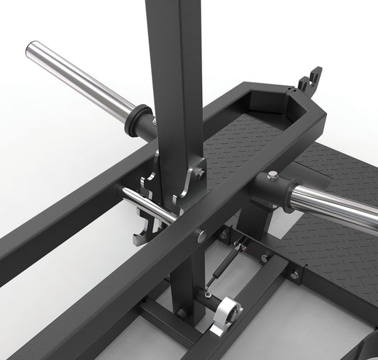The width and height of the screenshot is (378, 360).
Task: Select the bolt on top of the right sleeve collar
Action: click(x=273, y=175)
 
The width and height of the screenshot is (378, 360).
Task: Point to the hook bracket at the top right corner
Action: click(x=310, y=79)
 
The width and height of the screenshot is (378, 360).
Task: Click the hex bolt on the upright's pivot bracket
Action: click(x=200, y=173)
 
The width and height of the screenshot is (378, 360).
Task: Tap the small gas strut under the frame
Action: click(x=222, y=274)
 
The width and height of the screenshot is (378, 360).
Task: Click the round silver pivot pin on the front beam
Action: click(x=204, y=235)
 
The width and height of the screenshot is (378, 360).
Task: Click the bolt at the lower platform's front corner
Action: click(x=294, y=274)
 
